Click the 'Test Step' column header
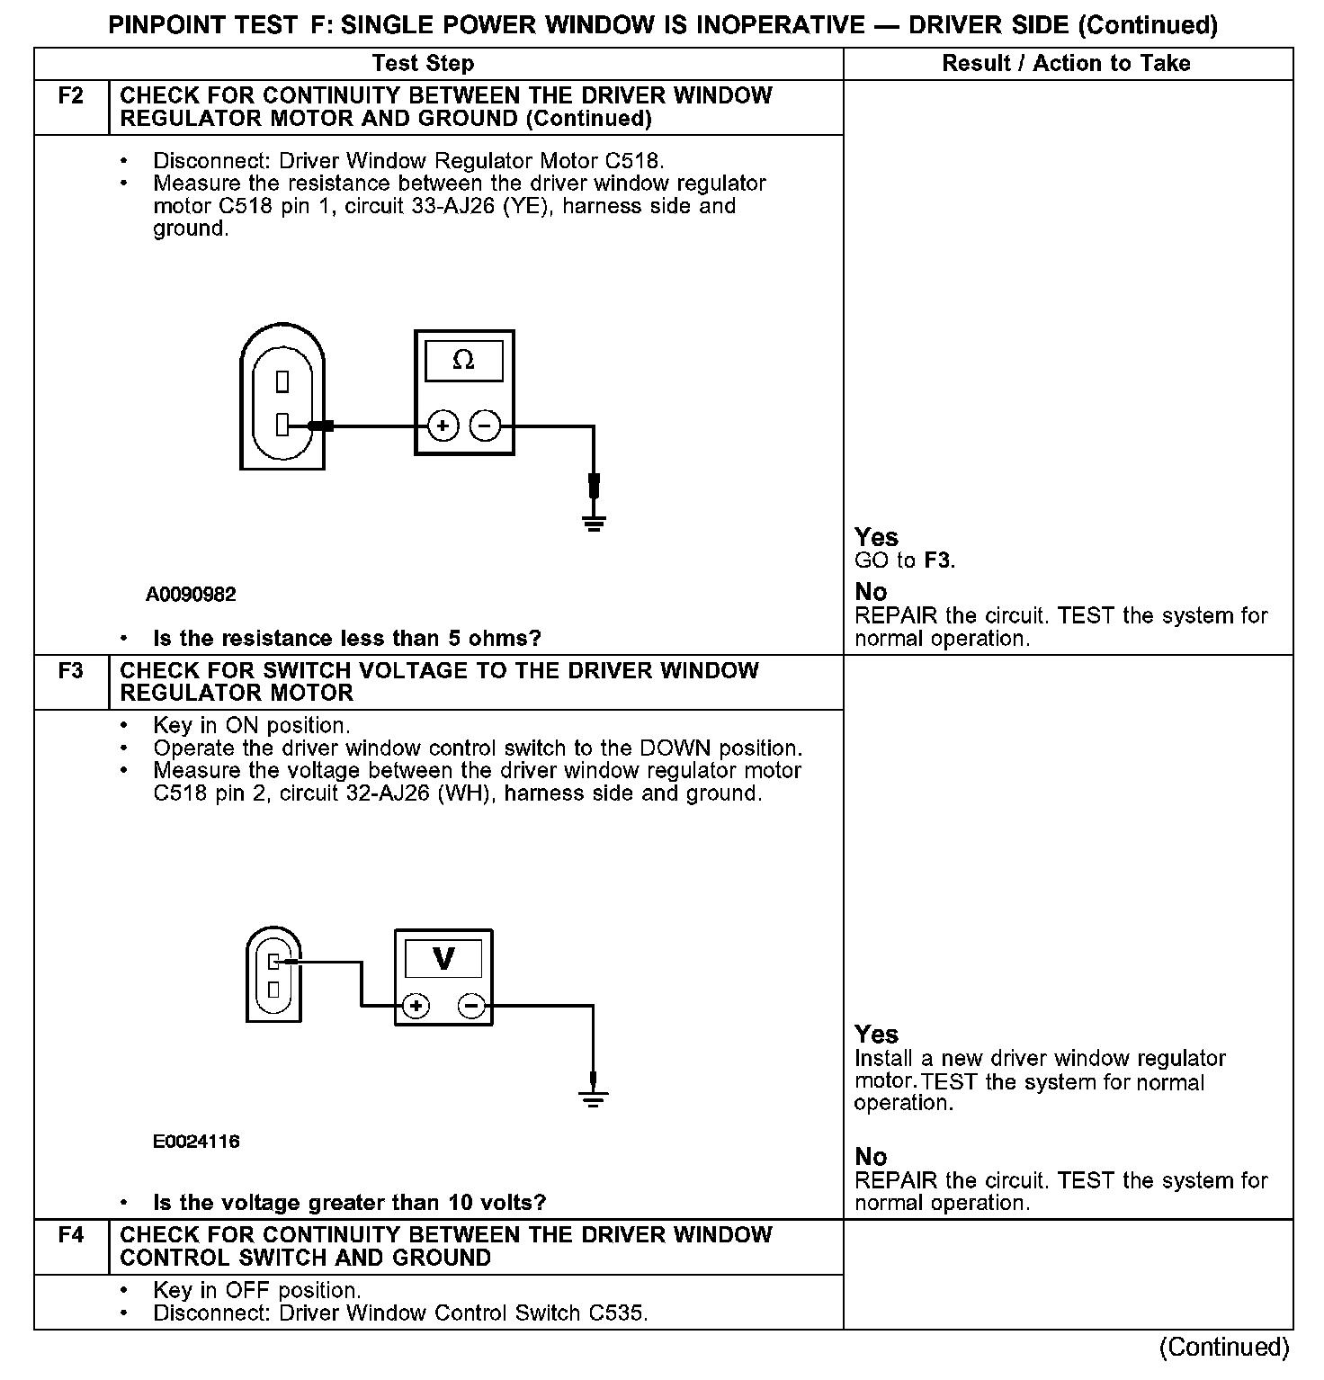point(423,63)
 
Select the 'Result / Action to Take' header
point(1066,63)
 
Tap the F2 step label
point(71,96)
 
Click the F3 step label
point(71,671)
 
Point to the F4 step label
point(71,1235)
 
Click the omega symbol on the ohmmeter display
point(463,360)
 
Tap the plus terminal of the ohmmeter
point(443,426)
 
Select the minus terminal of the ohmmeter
point(486,426)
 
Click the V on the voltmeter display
point(443,959)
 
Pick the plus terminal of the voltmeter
point(416,1005)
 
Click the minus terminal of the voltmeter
point(472,1005)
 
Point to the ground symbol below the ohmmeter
point(594,521)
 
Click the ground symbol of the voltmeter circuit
point(593,1097)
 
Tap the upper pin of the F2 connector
point(282,382)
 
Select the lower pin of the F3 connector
point(273,990)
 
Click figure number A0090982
point(191,595)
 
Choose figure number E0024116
point(196,1142)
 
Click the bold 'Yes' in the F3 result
point(876,1035)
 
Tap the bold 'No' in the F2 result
point(871,592)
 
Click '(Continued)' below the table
point(1224,1347)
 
